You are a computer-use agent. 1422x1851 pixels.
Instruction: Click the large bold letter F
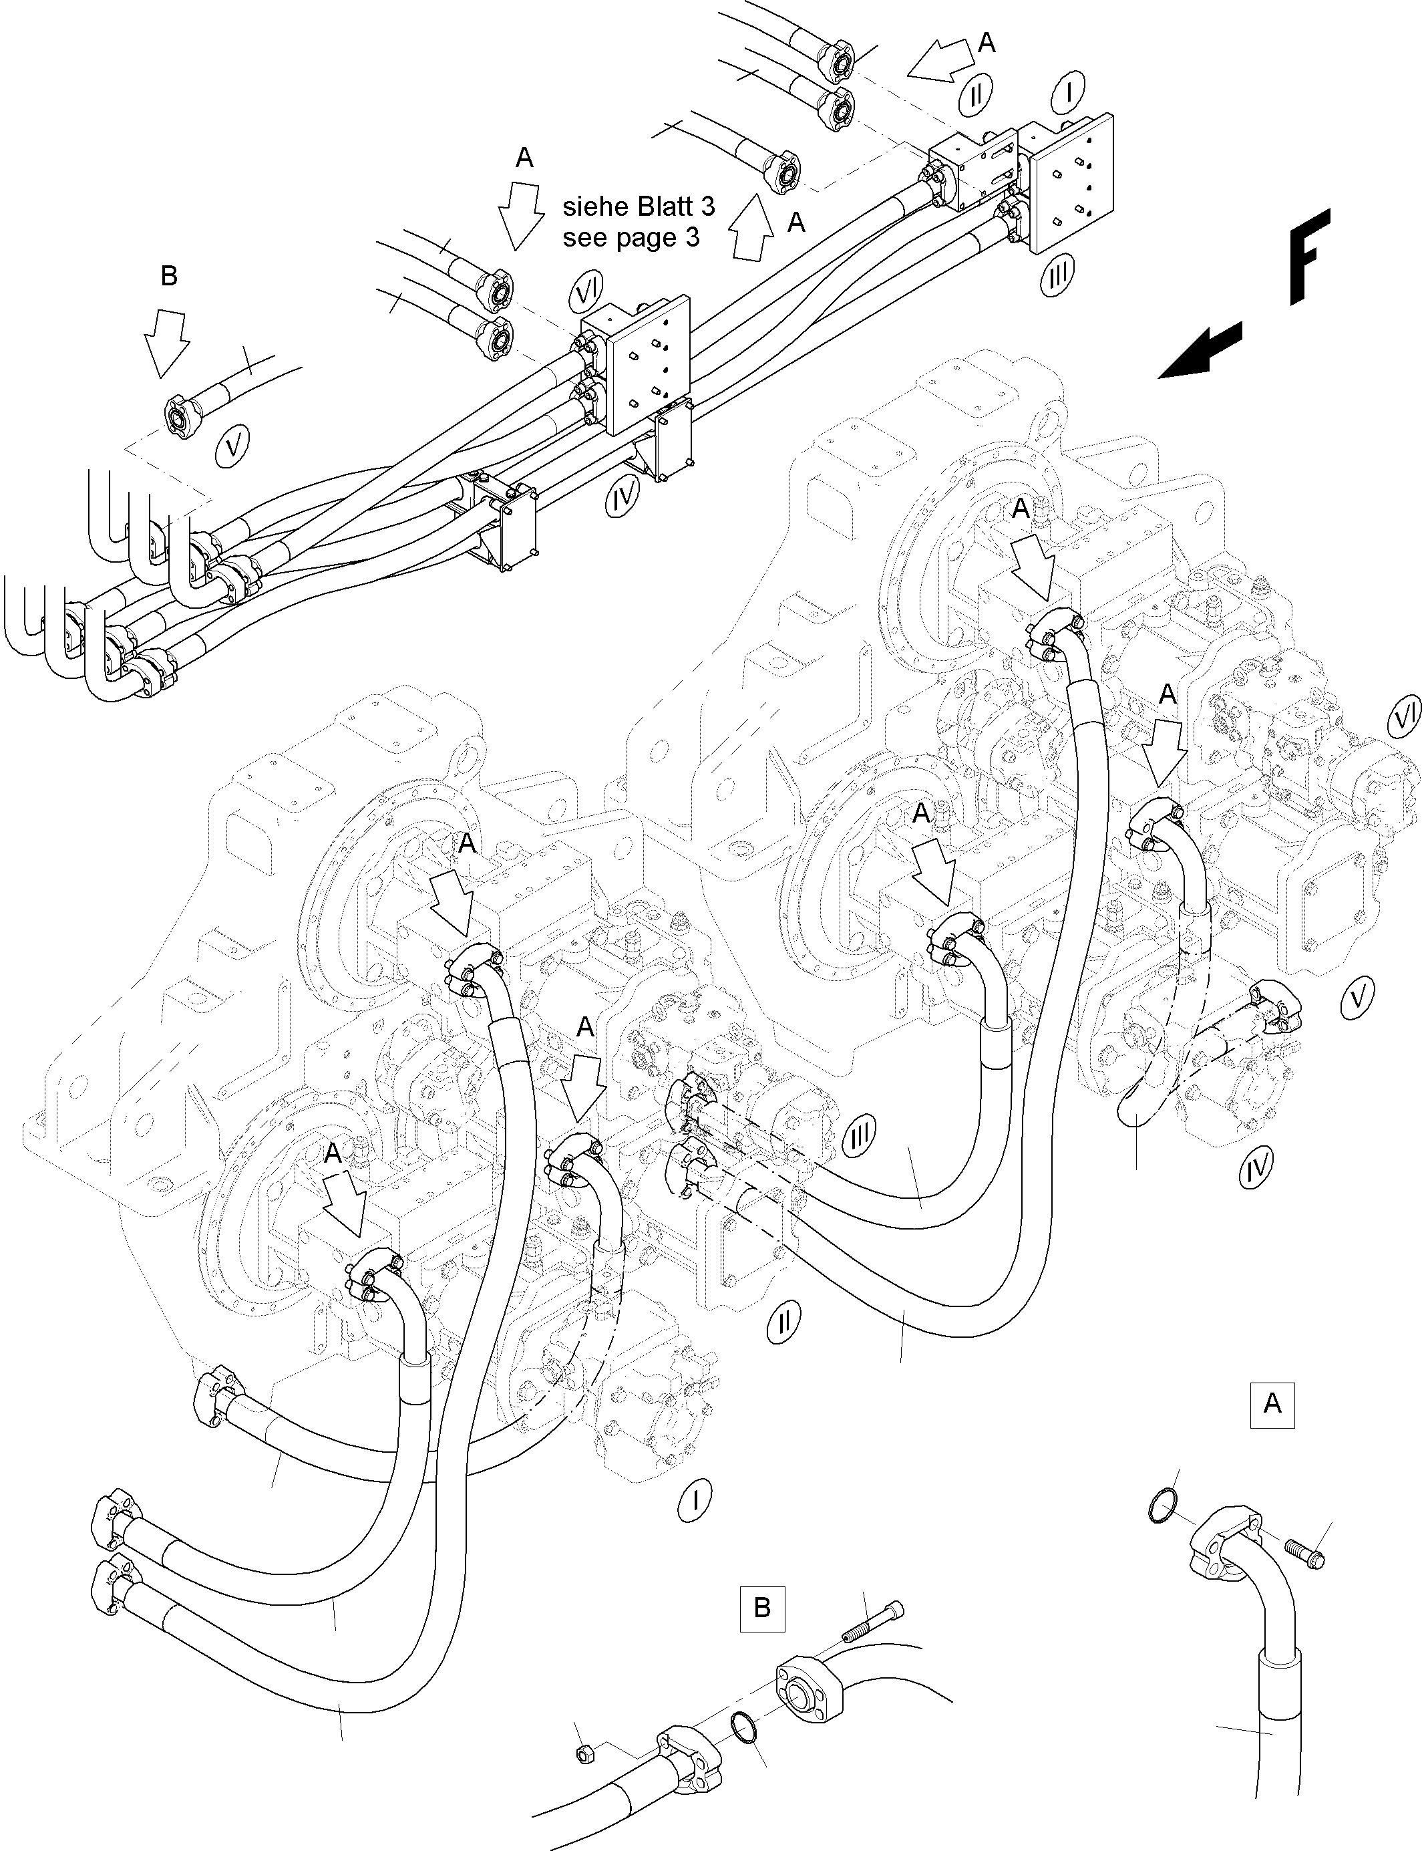click(1308, 256)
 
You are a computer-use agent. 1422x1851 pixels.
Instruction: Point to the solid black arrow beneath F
click(1200, 351)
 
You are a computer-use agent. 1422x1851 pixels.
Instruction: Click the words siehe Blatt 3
click(639, 206)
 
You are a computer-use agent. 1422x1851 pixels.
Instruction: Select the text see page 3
click(631, 238)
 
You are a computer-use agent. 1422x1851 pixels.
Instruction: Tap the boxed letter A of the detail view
click(1272, 1404)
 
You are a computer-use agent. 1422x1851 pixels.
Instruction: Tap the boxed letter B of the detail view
click(762, 1607)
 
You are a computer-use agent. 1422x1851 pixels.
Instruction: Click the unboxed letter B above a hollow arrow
click(168, 275)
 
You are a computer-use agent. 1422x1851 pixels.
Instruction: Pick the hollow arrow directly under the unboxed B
click(165, 340)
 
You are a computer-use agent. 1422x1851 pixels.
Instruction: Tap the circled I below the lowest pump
click(694, 1500)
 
